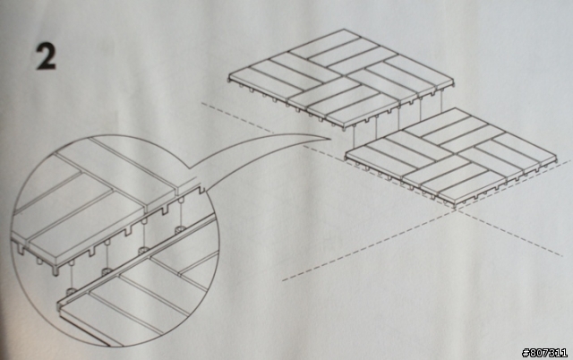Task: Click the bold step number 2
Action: (x=46, y=56)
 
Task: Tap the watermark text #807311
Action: (x=545, y=353)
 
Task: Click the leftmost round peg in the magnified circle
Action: (x=72, y=292)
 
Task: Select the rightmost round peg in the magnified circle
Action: (x=180, y=230)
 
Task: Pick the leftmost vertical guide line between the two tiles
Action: (x=355, y=141)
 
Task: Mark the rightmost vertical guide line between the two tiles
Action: (x=442, y=99)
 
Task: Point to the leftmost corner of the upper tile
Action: (x=229, y=77)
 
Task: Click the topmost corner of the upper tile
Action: (x=343, y=30)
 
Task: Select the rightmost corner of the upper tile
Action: (x=454, y=83)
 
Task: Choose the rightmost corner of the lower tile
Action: (x=556, y=157)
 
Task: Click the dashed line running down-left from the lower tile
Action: (x=368, y=244)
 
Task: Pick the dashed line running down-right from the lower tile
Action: (x=509, y=232)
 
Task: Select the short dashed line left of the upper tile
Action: (x=237, y=117)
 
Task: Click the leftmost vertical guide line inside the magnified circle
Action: (x=72, y=277)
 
